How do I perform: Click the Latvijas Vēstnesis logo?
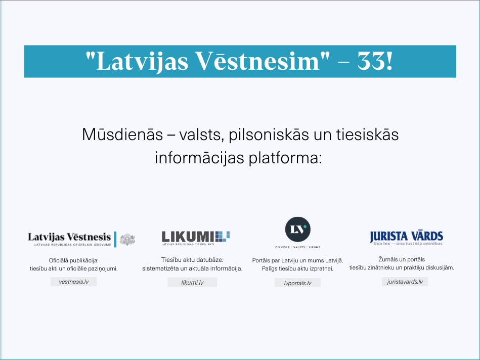[70, 238]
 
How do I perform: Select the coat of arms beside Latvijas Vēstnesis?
[127, 239]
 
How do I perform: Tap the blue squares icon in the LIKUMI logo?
[223, 236]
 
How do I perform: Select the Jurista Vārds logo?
[406, 237]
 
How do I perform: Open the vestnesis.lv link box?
[73, 282]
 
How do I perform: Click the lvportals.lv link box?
[297, 283]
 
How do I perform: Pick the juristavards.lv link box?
[405, 282]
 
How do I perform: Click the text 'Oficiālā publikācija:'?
[73, 260]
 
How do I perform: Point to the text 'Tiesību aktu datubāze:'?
[192, 260]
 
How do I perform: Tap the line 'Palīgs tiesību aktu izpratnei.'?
[297, 268]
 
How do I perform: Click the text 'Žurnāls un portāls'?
[402, 259]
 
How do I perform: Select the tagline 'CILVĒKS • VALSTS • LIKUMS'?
[297, 247]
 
